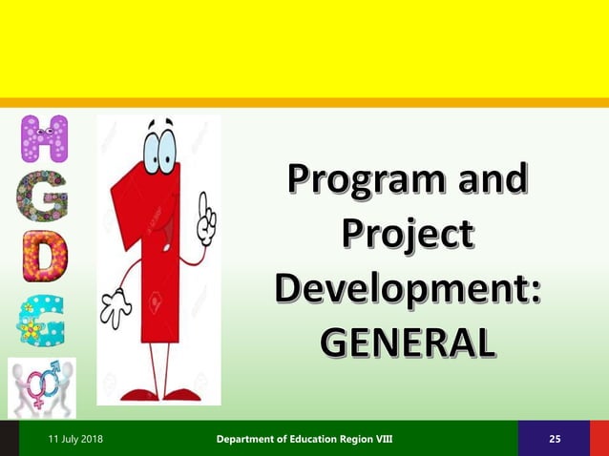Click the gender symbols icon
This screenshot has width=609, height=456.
pyautogui.click(x=42, y=387)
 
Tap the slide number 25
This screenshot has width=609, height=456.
pyautogui.click(x=555, y=439)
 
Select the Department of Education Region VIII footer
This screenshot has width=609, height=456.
pyautogui.click(x=304, y=439)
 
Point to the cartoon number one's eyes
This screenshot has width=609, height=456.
pyautogui.click(x=159, y=148)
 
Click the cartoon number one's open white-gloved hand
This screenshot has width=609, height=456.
pyautogui.click(x=117, y=308)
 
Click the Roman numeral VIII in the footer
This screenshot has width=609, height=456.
pyautogui.click(x=379, y=439)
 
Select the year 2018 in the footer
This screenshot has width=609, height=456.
pyautogui.click(x=92, y=439)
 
